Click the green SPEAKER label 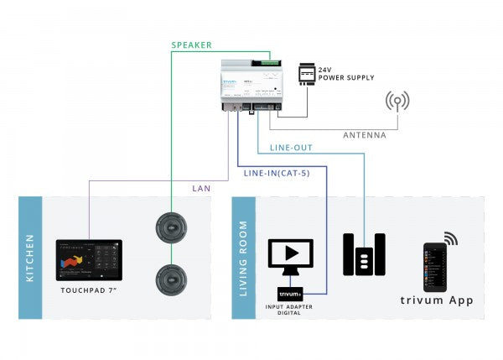(x=191, y=44)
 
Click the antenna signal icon (x=397, y=102)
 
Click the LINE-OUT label (x=291, y=148)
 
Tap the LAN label (x=202, y=188)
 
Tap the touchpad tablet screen (x=88, y=261)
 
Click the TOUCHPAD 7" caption (x=88, y=290)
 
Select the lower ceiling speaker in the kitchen (x=170, y=279)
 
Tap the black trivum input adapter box (x=290, y=294)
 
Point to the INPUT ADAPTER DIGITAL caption (x=290, y=311)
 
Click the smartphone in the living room (x=434, y=268)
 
